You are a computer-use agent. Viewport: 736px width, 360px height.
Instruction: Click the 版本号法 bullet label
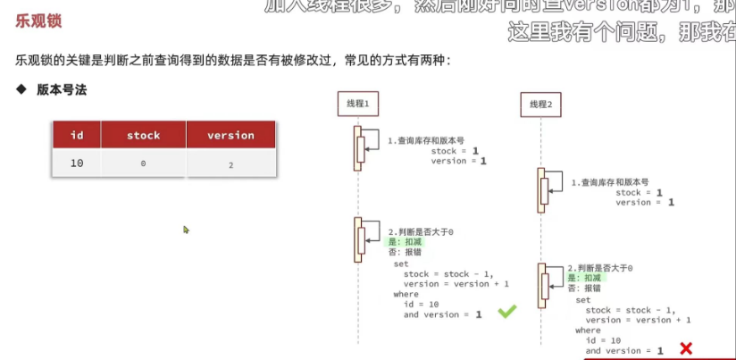tap(62, 90)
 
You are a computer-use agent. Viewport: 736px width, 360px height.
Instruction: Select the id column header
tap(77, 135)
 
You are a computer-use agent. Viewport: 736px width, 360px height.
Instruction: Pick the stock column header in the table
tap(143, 135)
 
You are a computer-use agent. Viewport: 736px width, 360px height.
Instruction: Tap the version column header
tap(230, 135)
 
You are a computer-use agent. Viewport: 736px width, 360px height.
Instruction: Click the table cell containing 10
tap(77, 163)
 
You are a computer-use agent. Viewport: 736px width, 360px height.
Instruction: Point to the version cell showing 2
tap(230, 164)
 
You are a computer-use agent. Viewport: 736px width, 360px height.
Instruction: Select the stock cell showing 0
tap(143, 164)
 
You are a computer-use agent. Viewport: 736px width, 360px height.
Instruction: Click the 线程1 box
tap(357, 105)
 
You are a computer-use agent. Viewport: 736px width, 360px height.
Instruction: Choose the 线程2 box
tap(540, 105)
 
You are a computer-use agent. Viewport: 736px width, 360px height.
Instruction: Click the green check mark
tap(506, 312)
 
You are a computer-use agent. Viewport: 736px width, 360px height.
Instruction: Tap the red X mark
tap(686, 348)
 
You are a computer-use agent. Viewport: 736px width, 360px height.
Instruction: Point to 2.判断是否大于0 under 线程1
tap(420, 231)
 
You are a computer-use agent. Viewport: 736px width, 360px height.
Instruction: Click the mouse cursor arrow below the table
tap(186, 230)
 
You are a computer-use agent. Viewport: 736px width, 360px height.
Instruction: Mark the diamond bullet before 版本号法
tap(21, 90)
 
